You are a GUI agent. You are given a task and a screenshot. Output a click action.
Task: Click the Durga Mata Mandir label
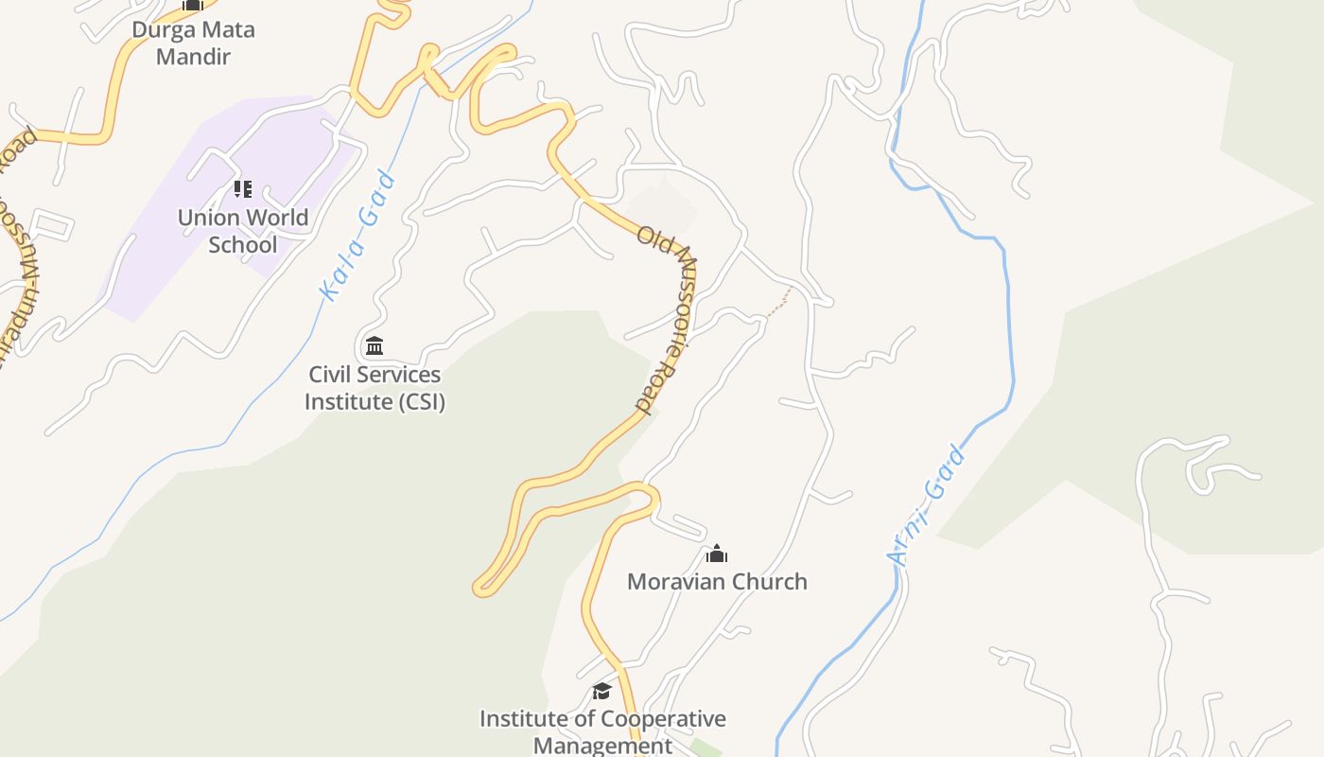pos(193,43)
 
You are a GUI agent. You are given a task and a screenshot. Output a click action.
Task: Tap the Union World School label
pos(243,231)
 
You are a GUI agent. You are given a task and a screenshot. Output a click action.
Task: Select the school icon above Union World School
pos(243,189)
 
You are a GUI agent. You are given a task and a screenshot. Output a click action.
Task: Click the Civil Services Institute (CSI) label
pos(375,388)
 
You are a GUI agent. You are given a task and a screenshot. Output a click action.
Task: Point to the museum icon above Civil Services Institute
pos(375,345)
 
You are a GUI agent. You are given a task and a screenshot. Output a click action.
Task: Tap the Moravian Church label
pos(717,581)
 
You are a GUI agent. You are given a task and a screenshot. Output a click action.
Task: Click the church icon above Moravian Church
pos(717,554)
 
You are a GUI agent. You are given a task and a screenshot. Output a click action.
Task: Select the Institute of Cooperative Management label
pos(602,731)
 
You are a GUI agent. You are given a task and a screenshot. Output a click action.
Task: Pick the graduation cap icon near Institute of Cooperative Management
pos(601,692)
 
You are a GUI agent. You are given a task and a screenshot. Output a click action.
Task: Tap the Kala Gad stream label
pos(358,237)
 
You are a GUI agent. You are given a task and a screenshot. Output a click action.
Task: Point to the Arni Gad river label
pos(929,506)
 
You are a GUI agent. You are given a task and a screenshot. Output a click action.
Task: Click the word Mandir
pos(193,57)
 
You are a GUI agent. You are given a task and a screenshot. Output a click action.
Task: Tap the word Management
pos(602,746)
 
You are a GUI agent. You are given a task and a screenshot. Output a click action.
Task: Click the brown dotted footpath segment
pos(778,304)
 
